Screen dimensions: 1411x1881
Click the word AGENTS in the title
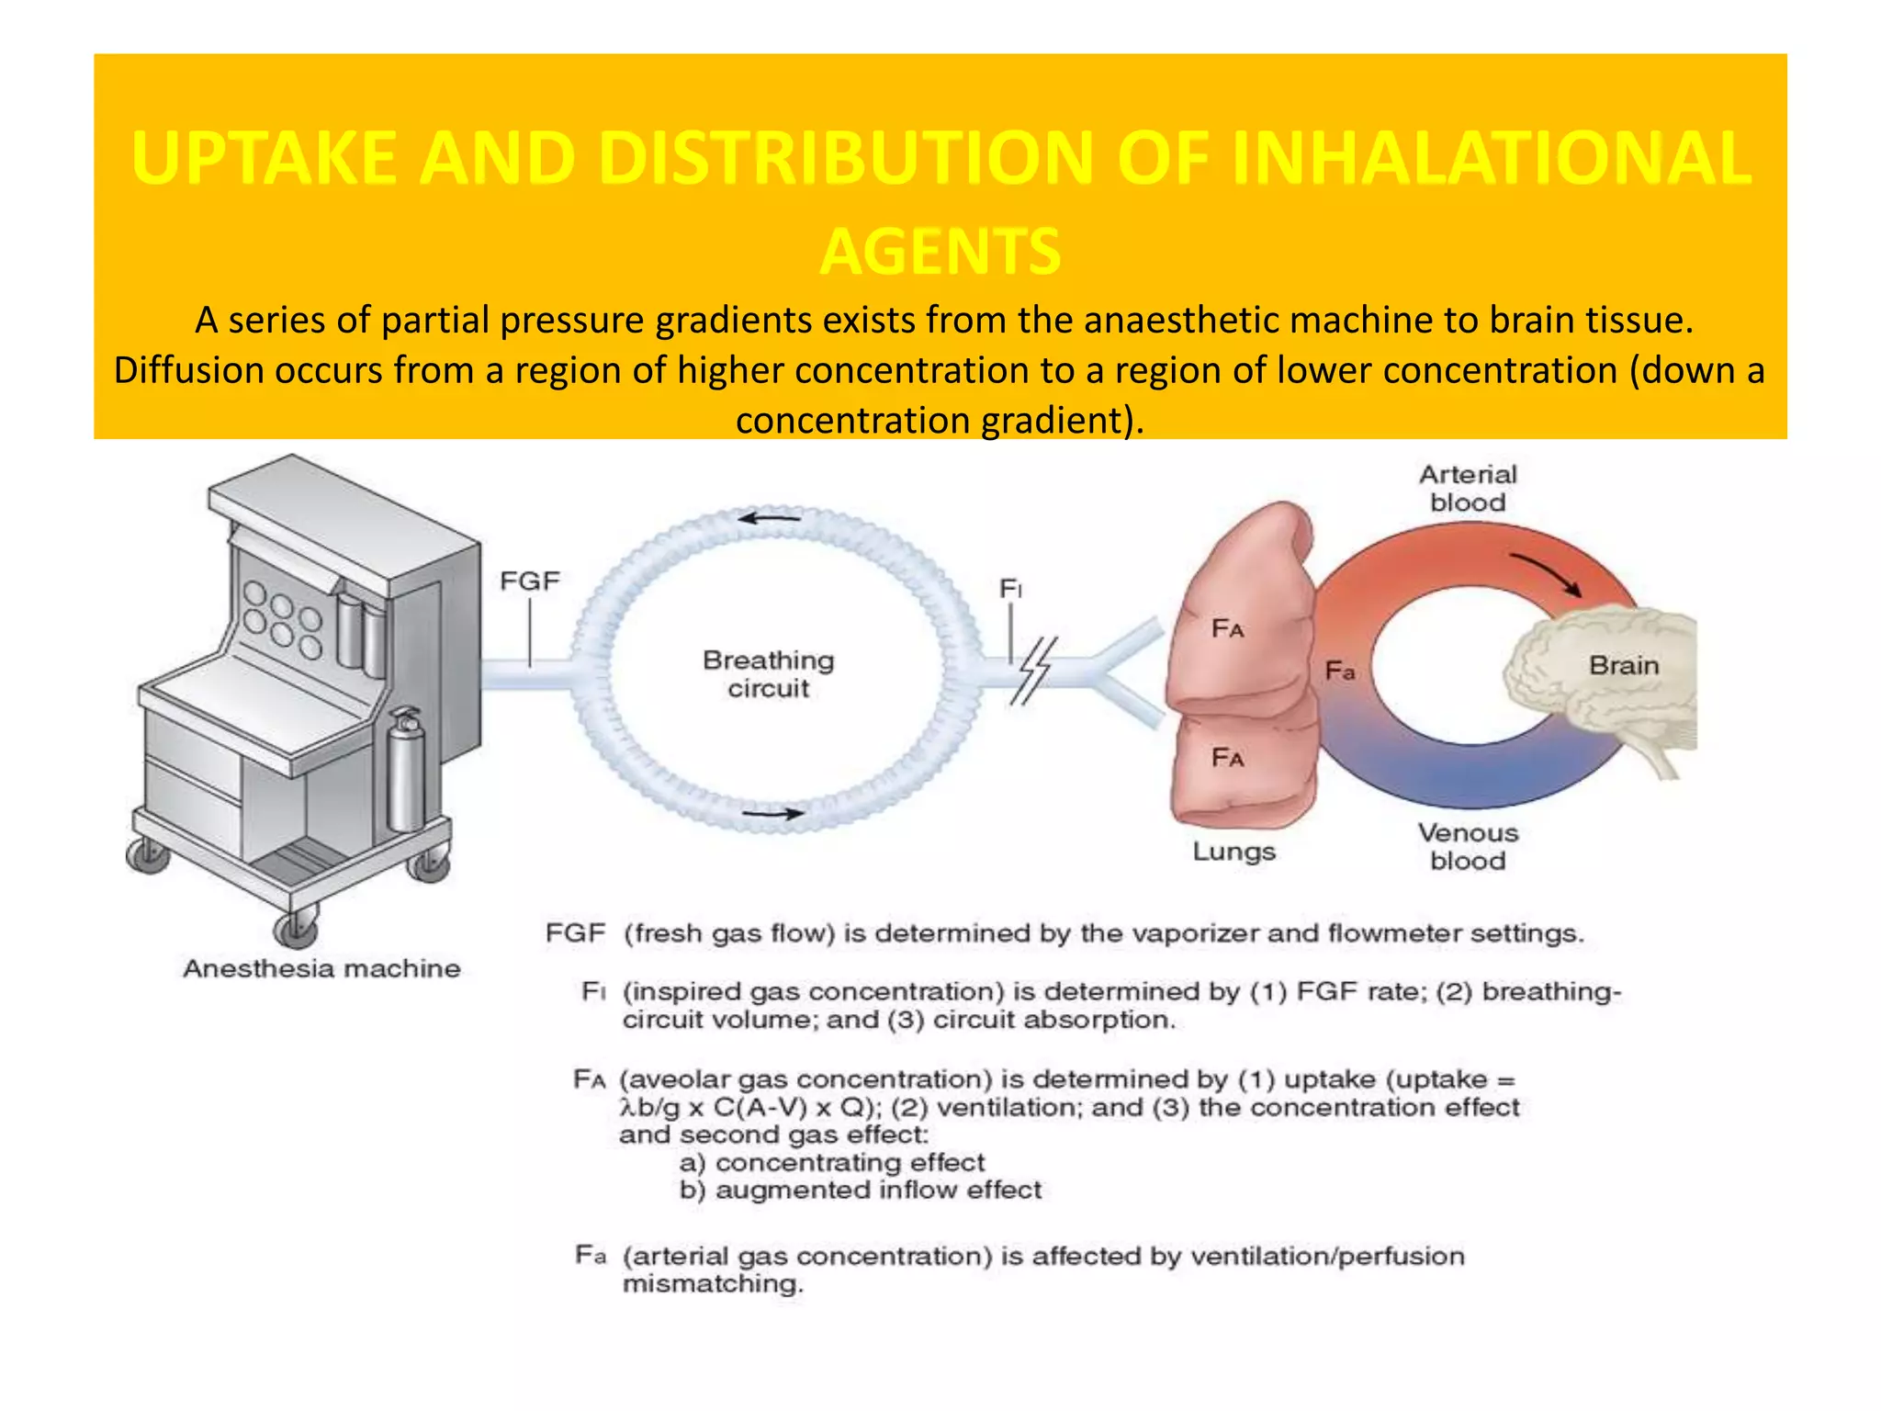coord(940,252)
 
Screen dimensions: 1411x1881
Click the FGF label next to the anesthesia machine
coord(529,581)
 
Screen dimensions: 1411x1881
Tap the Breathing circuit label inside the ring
coord(768,673)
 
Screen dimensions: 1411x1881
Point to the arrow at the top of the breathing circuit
coord(770,519)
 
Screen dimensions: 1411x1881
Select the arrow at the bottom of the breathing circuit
coord(772,813)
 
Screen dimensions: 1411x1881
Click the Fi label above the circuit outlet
coord(1010,588)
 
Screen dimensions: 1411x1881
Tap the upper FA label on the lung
coord(1228,629)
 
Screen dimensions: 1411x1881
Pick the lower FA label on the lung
coord(1228,758)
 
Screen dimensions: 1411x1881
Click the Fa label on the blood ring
coord(1340,672)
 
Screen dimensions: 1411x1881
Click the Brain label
coord(1624,665)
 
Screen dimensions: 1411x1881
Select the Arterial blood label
coord(1468,488)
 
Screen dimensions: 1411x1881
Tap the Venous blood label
coord(1468,846)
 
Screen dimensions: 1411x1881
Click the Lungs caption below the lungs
coord(1233,852)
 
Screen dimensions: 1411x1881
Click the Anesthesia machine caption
coord(321,968)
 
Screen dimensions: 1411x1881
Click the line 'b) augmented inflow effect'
coord(861,1191)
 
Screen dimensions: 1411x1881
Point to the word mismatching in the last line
coord(713,1283)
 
